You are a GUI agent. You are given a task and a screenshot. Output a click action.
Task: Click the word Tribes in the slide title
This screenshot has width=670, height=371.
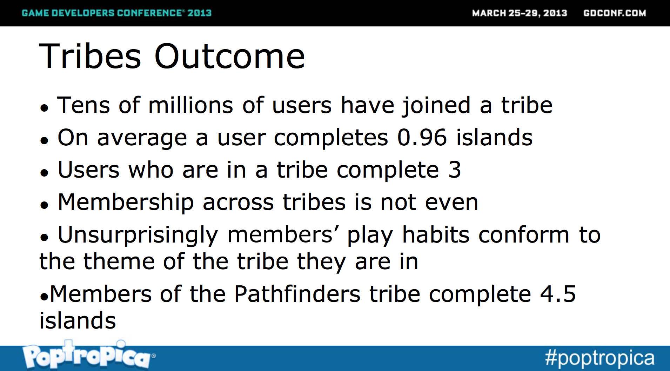click(x=90, y=56)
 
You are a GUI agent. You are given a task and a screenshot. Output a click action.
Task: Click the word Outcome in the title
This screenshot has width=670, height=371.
click(x=230, y=56)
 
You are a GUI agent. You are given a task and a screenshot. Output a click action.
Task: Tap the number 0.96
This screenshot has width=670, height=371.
click(x=422, y=137)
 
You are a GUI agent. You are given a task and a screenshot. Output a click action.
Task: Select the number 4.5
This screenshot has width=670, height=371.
click(x=558, y=294)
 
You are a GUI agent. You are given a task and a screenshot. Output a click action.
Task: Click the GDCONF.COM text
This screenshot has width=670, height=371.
click(x=615, y=13)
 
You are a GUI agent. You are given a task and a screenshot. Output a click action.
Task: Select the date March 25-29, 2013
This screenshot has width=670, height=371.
click(x=520, y=13)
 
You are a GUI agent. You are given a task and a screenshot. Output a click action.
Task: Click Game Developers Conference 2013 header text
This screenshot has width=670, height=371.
click(x=117, y=13)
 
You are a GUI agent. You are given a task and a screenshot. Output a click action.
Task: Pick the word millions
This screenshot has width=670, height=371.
click(x=190, y=105)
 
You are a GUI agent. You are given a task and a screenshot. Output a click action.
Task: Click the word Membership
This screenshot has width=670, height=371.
click(x=126, y=202)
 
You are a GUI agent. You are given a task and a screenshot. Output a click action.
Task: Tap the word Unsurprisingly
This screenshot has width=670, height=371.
click(x=138, y=235)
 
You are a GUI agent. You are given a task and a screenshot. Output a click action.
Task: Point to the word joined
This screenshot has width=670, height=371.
click(x=436, y=106)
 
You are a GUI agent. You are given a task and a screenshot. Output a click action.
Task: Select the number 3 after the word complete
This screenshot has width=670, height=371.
click(x=455, y=170)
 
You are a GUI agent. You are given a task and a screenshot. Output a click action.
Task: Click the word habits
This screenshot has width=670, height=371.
click(x=436, y=234)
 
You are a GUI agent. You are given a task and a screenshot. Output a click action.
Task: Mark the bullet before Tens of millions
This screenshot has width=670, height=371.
click(x=44, y=108)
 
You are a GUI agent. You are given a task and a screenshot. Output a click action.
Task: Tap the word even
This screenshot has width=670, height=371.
click(x=451, y=203)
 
